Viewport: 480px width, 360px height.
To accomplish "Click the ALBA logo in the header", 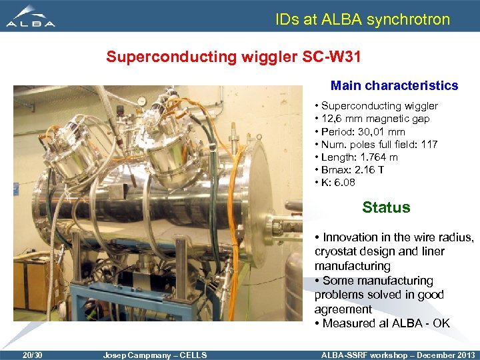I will [x=30, y=16].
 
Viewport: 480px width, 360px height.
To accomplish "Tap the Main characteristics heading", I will [x=394, y=85].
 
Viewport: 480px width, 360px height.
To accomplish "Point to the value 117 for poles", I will [x=429, y=144].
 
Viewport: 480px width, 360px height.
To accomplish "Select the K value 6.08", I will [x=346, y=182].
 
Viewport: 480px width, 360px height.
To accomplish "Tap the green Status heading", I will [x=386, y=207].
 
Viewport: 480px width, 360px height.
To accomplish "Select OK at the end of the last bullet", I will [x=441, y=323].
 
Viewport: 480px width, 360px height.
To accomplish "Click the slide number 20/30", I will [x=32, y=355].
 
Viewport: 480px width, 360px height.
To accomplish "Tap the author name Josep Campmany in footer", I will [x=133, y=355].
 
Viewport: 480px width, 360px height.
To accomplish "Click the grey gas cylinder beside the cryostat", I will [x=294, y=286].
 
